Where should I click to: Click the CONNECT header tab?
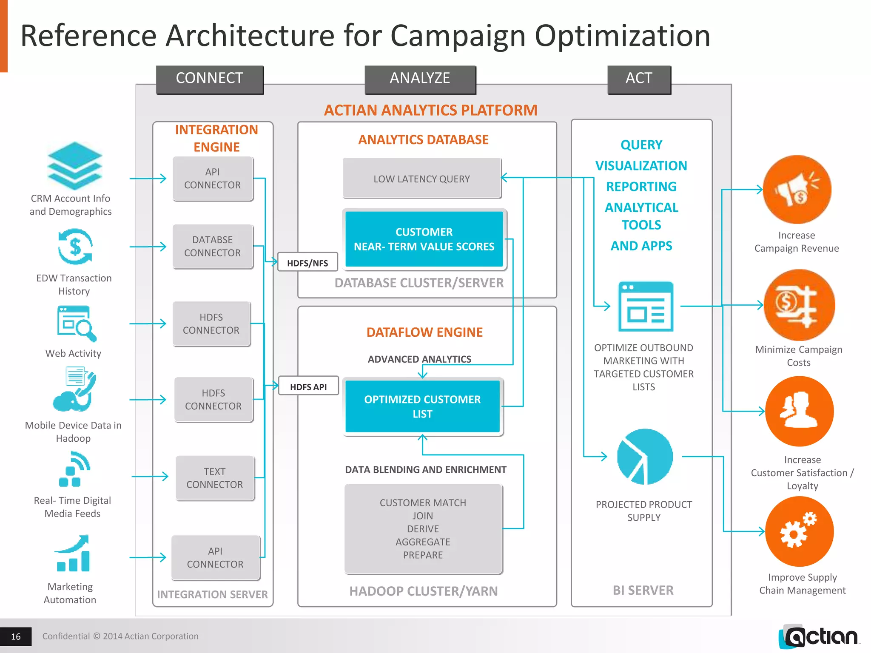[210, 79]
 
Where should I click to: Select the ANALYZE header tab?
[420, 79]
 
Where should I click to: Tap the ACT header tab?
[639, 79]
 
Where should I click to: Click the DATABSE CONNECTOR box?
[213, 247]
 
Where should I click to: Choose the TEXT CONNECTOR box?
[215, 478]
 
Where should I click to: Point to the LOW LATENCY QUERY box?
[422, 179]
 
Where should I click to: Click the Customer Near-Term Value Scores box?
[424, 239]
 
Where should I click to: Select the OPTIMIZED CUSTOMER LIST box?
[422, 406]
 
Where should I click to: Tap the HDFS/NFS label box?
[307, 263]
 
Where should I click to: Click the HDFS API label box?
[308, 386]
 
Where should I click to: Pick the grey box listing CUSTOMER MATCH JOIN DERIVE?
[423, 529]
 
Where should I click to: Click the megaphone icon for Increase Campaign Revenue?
[797, 190]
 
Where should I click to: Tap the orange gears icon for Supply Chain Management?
[799, 531]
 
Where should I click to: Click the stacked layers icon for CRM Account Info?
[75, 166]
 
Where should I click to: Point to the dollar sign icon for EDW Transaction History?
[75, 247]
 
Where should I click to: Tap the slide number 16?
[16, 636]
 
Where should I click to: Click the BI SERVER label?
[643, 590]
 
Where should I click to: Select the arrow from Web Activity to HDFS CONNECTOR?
[148, 324]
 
